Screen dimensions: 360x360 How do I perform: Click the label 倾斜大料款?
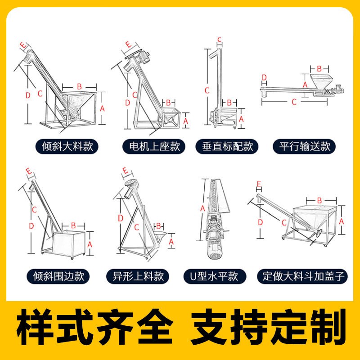pos(67,147)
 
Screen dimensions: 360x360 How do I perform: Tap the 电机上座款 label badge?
pos(154,147)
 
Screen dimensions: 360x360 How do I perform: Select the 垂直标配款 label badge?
pos(227,147)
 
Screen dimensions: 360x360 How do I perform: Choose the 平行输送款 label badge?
pos(304,147)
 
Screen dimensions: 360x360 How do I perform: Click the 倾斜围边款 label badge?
pos(58,276)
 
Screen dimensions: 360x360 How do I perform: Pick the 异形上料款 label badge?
pos(138,276)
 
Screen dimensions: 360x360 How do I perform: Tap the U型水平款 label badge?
pos(215,276)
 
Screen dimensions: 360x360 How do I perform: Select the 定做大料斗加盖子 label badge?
pos(302,276)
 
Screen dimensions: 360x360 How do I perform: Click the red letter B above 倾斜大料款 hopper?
pos(80,86)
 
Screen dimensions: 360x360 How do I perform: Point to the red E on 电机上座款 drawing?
pos(128,44)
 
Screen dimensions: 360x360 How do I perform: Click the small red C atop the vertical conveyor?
pos(220,40)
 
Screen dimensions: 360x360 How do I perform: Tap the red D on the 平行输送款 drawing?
pos(264,77)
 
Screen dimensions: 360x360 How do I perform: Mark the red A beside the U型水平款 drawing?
pos(202,208)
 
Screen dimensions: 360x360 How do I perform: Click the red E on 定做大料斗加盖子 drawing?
pos(259,184)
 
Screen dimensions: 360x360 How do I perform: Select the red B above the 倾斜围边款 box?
pos(73,225)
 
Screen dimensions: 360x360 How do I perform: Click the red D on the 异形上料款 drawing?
pos(121,218)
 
